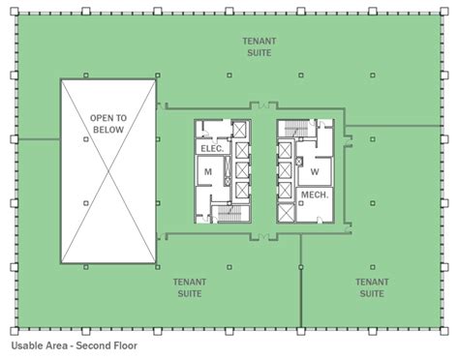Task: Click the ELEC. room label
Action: tap(212, 148)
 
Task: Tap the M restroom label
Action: tap(208, 172)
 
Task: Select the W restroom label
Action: tap(315, 171)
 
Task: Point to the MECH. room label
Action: tap(315, 195)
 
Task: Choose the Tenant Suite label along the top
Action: tap(260, 46)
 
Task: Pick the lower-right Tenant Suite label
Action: tap(372, 287)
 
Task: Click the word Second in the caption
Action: tap(93, 345)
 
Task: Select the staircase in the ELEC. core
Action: tap(229, 213)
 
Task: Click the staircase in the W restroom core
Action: tap(296, 128)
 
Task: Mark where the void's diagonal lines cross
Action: tap(108, 171)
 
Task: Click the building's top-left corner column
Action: tap(15, 12)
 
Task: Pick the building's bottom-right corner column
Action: tap(444, 331)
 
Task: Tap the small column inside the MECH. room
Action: tap(301, 203)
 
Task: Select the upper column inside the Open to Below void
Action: tap(86, 139)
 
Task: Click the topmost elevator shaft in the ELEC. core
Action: tap(239, 130)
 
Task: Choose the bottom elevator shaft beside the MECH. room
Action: tap(286, 213)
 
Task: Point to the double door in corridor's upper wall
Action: tap(264, 105)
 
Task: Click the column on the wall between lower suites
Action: tap(301, 267)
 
